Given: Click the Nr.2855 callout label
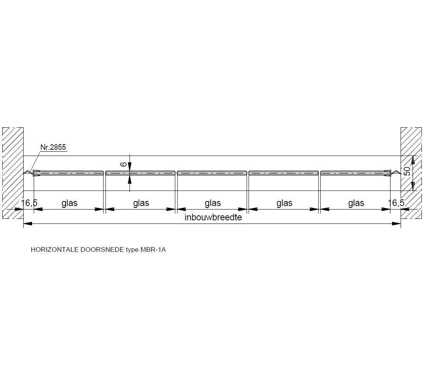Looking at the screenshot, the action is click(53, 147).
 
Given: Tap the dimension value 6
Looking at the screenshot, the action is click(123, 164).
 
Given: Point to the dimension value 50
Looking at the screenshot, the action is click(407, 171).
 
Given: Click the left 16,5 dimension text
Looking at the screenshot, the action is click(29, 203).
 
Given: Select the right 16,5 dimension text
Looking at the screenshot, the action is click(396, 203).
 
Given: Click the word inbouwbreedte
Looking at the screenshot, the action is click(213, 217).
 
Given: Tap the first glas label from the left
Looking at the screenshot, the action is click(69, 203).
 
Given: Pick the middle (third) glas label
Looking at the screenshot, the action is click(213, 203).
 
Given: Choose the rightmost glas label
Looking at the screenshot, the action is click(356, 203).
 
